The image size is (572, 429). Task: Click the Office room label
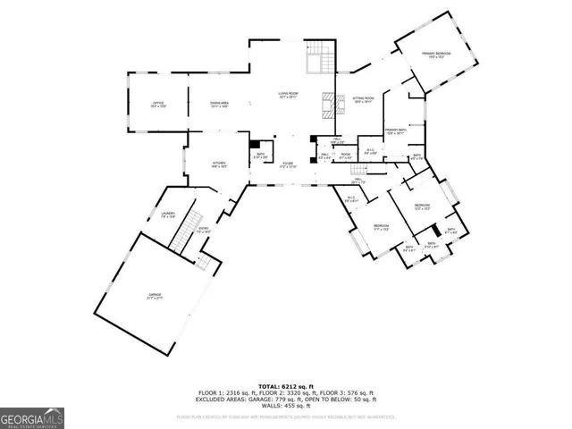[156, 105]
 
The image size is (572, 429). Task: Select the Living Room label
[288, 95]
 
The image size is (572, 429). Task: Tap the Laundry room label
[167, 214]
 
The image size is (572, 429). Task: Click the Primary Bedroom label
[437, 55]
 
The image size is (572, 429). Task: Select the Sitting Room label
[362, 100]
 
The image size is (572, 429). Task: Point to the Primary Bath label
[397, 132]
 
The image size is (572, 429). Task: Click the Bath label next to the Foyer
[260, 156]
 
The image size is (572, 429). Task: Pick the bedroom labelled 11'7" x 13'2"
[380, 226]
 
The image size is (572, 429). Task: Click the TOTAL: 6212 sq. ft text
[286, 385]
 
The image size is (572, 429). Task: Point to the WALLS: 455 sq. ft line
[286, 407]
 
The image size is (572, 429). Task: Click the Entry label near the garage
[204, 230]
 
